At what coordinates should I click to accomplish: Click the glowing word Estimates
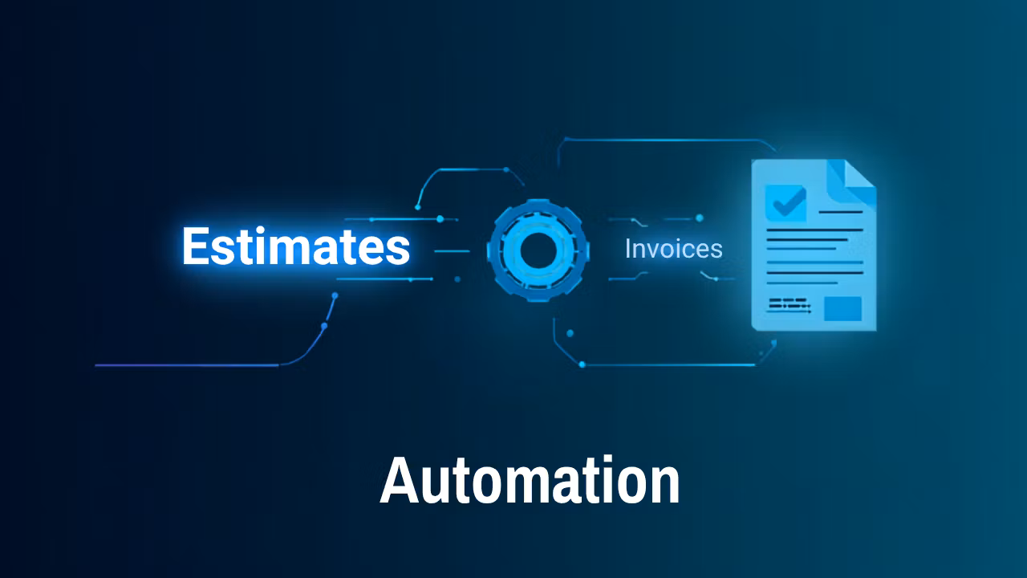click(x=296, y=246)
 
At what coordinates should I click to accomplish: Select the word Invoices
click(x=673, y=249)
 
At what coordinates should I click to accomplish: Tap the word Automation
click(x=530, y=480)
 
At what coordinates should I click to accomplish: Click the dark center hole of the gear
click(x=538, y=250)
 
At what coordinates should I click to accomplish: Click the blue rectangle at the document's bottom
click(x=842, y=309)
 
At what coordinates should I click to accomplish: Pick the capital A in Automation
click(x=399, y=480)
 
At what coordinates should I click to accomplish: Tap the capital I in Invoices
click(x=628, y=249)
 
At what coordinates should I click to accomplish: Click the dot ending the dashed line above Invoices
click(x=699, y=218)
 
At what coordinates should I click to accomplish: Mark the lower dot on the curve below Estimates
click(x=324, y=326)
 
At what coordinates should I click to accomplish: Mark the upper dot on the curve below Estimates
click(x=335, y=296)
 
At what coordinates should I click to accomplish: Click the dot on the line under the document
click(x=583, y=364)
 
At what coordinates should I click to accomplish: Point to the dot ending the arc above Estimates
click(x=418, y=207)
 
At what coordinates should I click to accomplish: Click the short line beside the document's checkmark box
click(x=841, y=212)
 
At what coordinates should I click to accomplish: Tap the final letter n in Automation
click(x=665, y=486)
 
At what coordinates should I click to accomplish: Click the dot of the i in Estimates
click(x=261, y=230)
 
